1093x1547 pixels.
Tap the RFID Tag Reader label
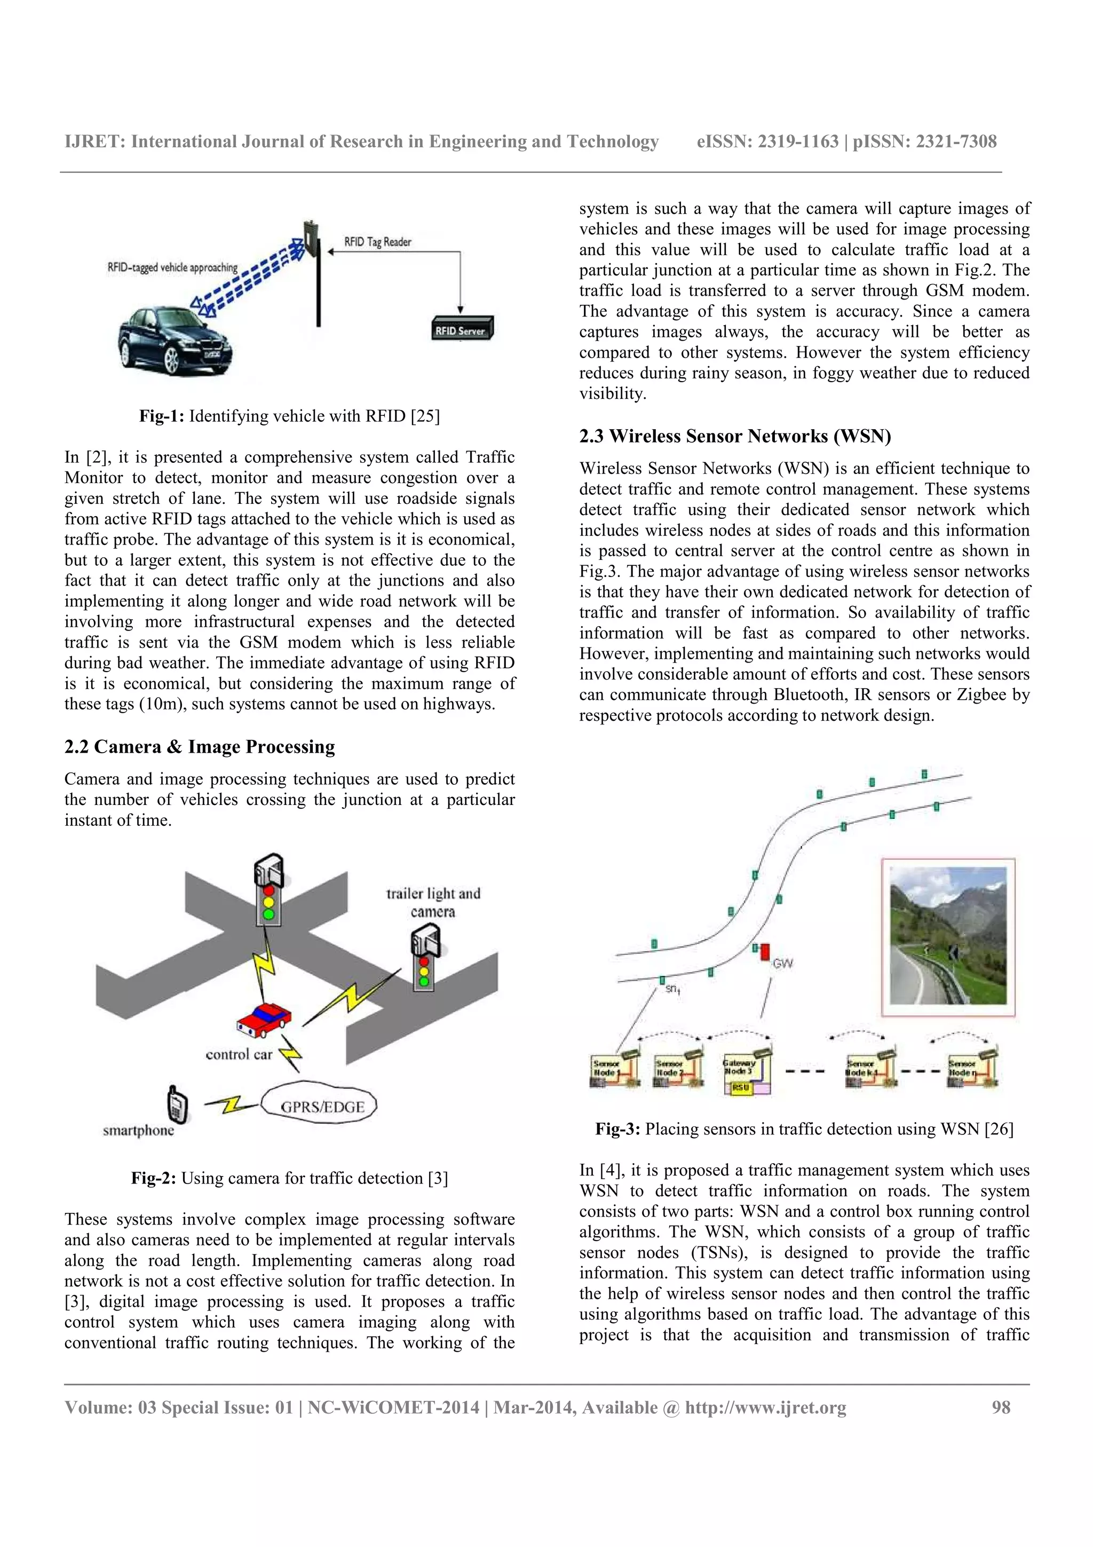(x=377, y=242)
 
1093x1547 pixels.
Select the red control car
(x=264, y=1018)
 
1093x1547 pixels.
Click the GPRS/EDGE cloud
(x=321, y=1107)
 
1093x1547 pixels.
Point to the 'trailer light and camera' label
(x=433, y=902)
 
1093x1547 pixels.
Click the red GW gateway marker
(x=764, y=951)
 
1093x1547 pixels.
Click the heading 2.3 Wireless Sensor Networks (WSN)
(x=735, y=436)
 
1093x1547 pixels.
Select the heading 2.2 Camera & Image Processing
(x=200, y=747)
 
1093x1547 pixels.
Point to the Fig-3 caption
(x=804, y=1128)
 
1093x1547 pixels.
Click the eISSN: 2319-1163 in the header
(x=767, y=141)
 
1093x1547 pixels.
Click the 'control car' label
(x=239, y=1054)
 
